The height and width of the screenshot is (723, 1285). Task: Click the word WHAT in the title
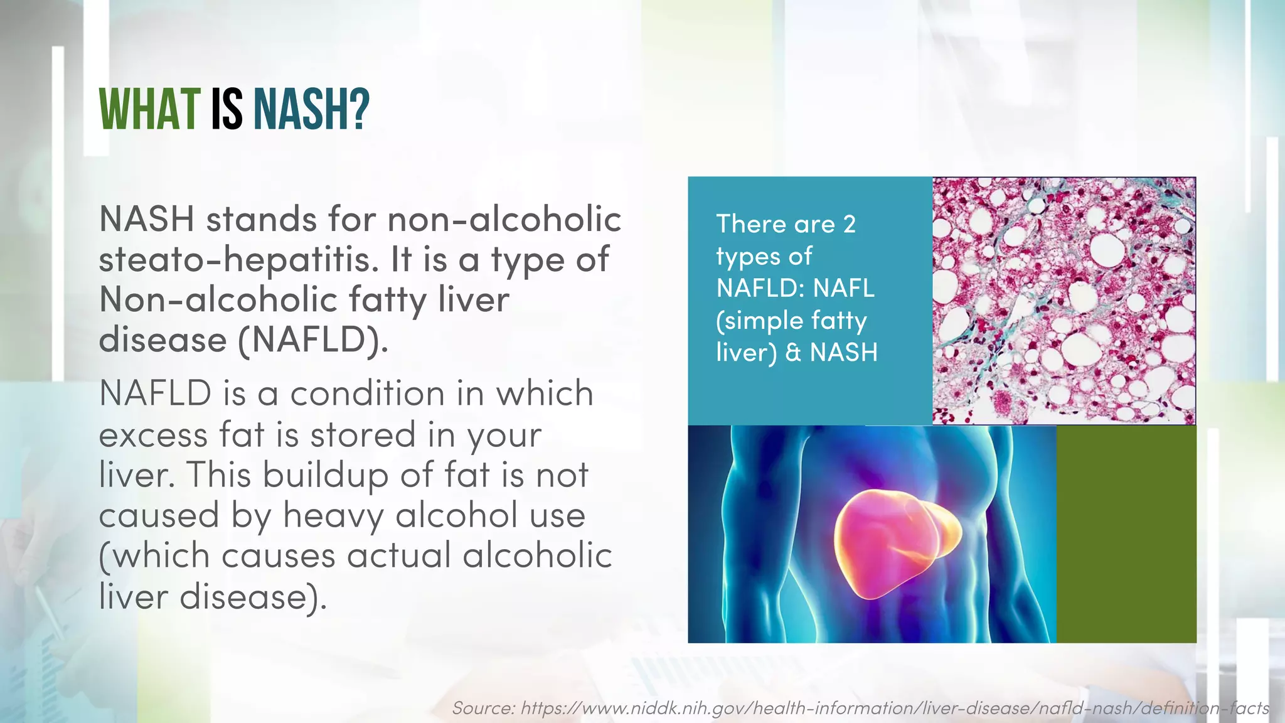[x=149, y=110]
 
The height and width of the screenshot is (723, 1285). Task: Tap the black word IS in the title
[x=227, y=110]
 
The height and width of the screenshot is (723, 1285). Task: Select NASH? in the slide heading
[x=311, y=110]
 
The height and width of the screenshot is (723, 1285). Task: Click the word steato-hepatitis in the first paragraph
[x=239, y=260]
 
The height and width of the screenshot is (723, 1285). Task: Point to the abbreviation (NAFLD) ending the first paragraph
[x=312, y=340]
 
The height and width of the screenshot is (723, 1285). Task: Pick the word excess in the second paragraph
[x=153, y=435]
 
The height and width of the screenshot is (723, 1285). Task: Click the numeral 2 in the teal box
[x=849, y=225]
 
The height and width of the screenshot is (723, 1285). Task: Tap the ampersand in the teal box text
[x=793, y=353]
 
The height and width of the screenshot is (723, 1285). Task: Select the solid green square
[x=1126, y=533]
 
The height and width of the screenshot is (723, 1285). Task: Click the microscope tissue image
[x=1064, y=301]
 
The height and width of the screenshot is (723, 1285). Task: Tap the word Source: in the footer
[x=483, y=709]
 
